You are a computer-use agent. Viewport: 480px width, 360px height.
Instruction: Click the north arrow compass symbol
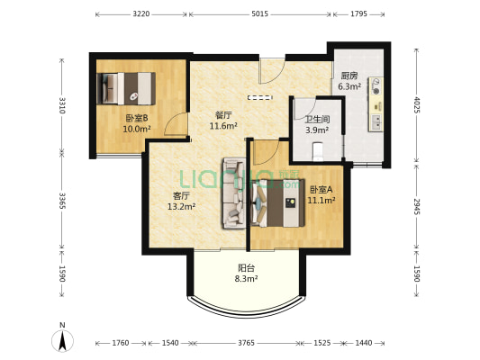pyautogui.click(x=62, y=340)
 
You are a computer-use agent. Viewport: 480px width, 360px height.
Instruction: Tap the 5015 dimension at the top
pyautogui.click(x=260, y=14)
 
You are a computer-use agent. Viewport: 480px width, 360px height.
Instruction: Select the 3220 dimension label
pyautogui.click(x=141, y=14)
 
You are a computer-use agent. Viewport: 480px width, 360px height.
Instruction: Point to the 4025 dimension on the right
pyautogui.click(x=416, y=104)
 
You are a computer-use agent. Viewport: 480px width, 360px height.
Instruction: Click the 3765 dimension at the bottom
pyautogui.click(x=247, y=343)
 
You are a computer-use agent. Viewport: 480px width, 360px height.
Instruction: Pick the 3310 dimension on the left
pyautogui.click(x=62, y=105)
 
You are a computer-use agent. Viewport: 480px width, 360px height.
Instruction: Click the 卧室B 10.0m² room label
pyautogui.click(x=137, y=123)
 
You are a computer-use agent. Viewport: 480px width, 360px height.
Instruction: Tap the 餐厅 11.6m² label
pyautogui.click(x=223, y=121)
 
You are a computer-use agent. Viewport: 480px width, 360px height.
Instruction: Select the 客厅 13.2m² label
pyautogui.click(x=182, y=201)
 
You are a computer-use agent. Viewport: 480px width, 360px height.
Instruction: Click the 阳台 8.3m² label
pyautogui.click(x=246, y=273)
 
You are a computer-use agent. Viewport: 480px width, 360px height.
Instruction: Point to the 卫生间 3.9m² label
pyautogui.click(x=318, y=125)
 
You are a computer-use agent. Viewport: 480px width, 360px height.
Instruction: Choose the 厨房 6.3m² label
pyautogui.click(x=349, y=81)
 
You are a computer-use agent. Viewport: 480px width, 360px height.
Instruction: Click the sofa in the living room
pyautogui.click(x=234, y=193)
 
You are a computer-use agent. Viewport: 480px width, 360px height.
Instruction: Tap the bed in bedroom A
pyautogui.click(x=277, y=203)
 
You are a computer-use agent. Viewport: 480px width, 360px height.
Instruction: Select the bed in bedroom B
pyautogui.click(x=126, y=88)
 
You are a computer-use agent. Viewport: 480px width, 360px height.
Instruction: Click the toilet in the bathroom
pyautogui.click(x=319, y=152)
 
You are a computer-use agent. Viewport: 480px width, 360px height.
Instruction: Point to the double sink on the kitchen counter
pyautogui.click(x=376, y=123)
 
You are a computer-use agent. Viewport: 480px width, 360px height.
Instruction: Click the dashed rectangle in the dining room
pyautogui.click(x=260, y=97)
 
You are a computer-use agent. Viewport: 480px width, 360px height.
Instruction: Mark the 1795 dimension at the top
pyautogui.click(x=358, y=14)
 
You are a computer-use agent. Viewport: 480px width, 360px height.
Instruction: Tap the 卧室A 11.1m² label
pyautogui.click(x=322, y=195)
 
